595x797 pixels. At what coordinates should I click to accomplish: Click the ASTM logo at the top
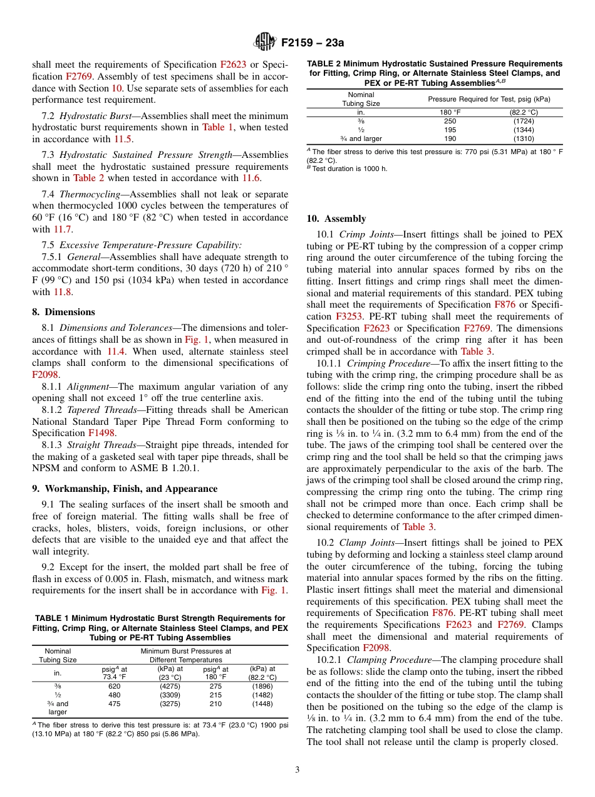(264, 43)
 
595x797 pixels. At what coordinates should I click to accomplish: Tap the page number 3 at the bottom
(297, 769)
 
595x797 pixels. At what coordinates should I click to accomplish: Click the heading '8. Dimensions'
(63, 311)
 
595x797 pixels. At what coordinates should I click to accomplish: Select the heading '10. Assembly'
(336, 218)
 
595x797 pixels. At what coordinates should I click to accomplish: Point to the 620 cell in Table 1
(114, 686)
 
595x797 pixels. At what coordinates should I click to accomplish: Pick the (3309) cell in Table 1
(170, 695)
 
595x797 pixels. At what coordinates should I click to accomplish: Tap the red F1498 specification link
(101, 433)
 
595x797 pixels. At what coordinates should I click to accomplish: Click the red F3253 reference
(349, 316)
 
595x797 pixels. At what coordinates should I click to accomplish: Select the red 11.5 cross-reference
(123, 138)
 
